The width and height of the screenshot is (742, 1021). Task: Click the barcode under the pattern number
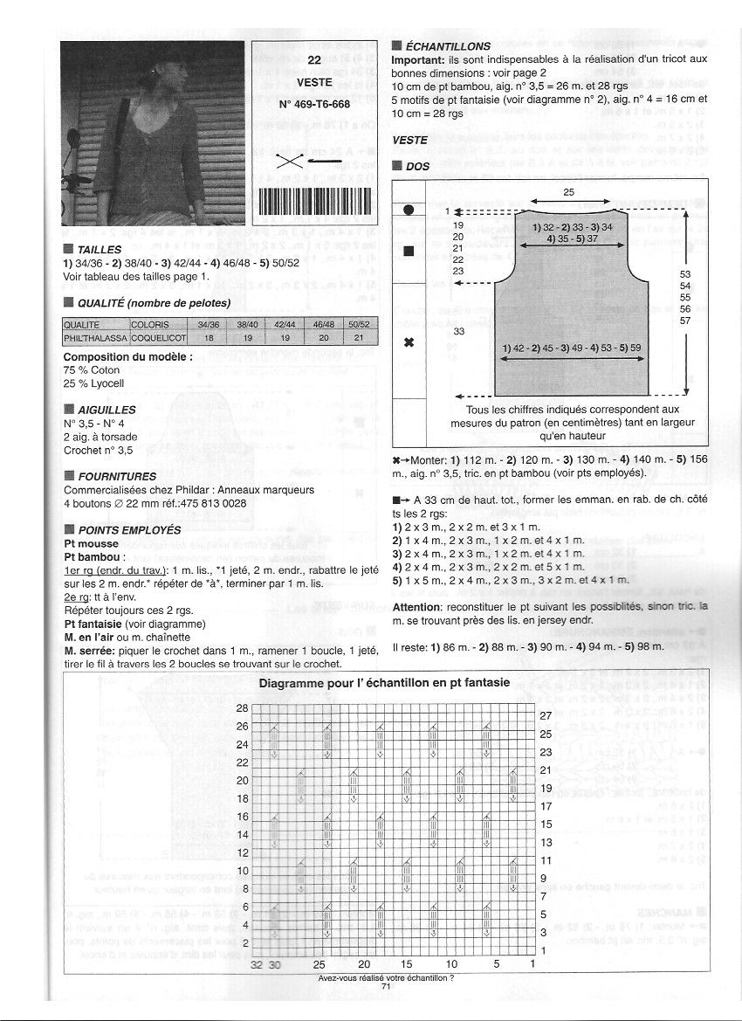coord(315,211)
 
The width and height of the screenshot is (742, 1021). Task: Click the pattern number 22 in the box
coord(315,61)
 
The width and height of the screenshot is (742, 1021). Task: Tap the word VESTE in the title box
coord(315,82)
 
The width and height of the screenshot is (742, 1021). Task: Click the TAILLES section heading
coord(100,250)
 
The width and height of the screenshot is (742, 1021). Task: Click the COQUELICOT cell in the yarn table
coord(157,335)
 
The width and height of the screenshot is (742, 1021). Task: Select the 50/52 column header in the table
coord(359,323)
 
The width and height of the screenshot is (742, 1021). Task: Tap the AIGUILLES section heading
coord(106,409)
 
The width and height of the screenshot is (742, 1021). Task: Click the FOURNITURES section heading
coord(117,477)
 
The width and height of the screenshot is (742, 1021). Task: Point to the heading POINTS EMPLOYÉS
coord(129,530)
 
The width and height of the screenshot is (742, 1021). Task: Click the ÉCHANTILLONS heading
coord(448,46)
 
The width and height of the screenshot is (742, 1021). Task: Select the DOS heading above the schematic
coord(418,165)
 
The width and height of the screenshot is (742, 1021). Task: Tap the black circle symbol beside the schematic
coord(408,210)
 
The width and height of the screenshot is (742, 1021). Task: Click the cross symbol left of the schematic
coord(408,342)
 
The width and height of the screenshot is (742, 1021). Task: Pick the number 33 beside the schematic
coord(459,331)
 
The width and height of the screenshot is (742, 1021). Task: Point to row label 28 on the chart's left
coord(243,708)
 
